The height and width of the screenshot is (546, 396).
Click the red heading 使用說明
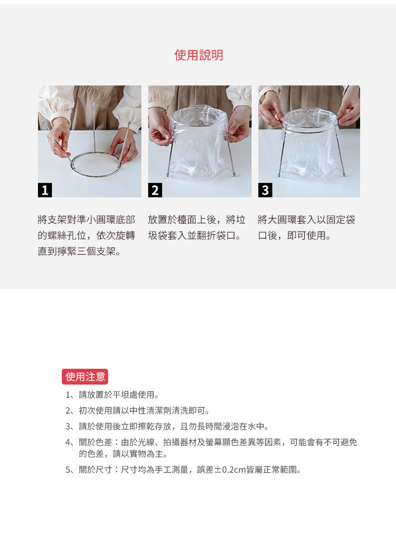click(199, 55)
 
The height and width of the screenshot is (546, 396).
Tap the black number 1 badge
click(45, 190)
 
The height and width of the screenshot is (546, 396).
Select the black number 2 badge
click(155, 190)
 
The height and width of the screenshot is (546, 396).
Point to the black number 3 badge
click(265, 190)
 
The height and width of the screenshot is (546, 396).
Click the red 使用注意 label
click(85, 377)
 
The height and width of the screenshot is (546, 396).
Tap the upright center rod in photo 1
click(93, 127)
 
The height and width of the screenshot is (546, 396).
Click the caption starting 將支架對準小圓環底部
click(87, 235)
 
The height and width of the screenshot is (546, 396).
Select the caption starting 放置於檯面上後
click(196, 227)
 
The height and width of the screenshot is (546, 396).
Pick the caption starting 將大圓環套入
click(307, 227)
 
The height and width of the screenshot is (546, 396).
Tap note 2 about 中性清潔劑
click(144, 410)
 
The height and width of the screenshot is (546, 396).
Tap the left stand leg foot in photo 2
click(168, 174)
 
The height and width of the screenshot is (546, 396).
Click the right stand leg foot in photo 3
click(344, 174)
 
